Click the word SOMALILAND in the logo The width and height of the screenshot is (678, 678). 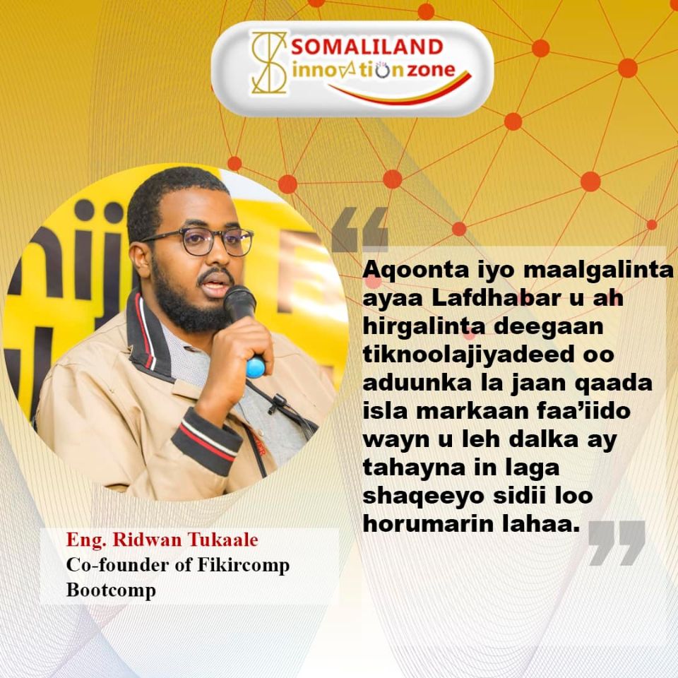click(x=367, y=47)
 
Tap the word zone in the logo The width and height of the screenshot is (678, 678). click(x=430, y=71)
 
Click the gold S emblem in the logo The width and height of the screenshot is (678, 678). click(x=269, y=63)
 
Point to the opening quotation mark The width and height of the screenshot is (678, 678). click(x=359, y=230)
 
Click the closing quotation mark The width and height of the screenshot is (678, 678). click(x=617, y=543)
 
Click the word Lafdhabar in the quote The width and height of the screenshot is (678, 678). click(x=493, y=298)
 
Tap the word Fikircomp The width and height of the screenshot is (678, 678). click(x=244, y=566)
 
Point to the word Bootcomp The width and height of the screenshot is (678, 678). click(x=111, y=590)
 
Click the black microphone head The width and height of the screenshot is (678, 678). click(x=239, y=303)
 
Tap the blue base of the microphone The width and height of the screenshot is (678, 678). click(x=256, y=367)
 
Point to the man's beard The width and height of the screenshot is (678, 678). click(x=186, y=305)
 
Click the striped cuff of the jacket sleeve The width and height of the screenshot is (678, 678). click(x=206, y=438)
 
